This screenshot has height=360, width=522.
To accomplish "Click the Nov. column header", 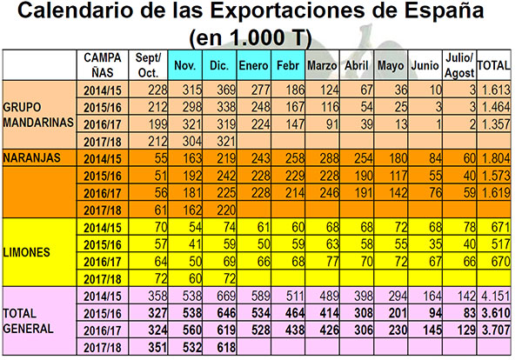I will coord(184,65).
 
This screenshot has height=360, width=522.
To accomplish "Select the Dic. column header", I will coord(220,65).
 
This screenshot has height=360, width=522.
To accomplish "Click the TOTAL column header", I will coord(496,65).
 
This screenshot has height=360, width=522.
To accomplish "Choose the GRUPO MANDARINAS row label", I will coord(38,114).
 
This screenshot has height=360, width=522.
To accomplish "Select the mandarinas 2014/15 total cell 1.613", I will coord(497,90).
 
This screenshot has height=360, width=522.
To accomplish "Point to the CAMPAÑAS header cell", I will coord(104,64).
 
